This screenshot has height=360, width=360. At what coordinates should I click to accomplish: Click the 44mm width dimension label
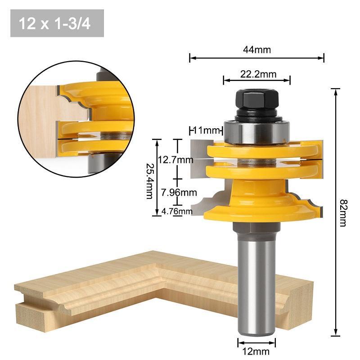coord(257,50)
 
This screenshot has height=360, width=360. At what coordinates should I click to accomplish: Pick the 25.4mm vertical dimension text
coord(149,177)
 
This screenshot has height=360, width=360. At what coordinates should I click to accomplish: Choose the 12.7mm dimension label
coord(175,160)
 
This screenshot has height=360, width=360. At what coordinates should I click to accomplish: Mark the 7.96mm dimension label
coord(179,193)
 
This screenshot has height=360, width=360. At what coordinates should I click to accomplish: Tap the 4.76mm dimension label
coord(177,211)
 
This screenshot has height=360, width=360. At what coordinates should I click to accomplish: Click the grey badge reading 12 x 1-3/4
coord(57,23)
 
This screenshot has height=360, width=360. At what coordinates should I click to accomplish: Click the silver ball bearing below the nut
coord(256,130)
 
